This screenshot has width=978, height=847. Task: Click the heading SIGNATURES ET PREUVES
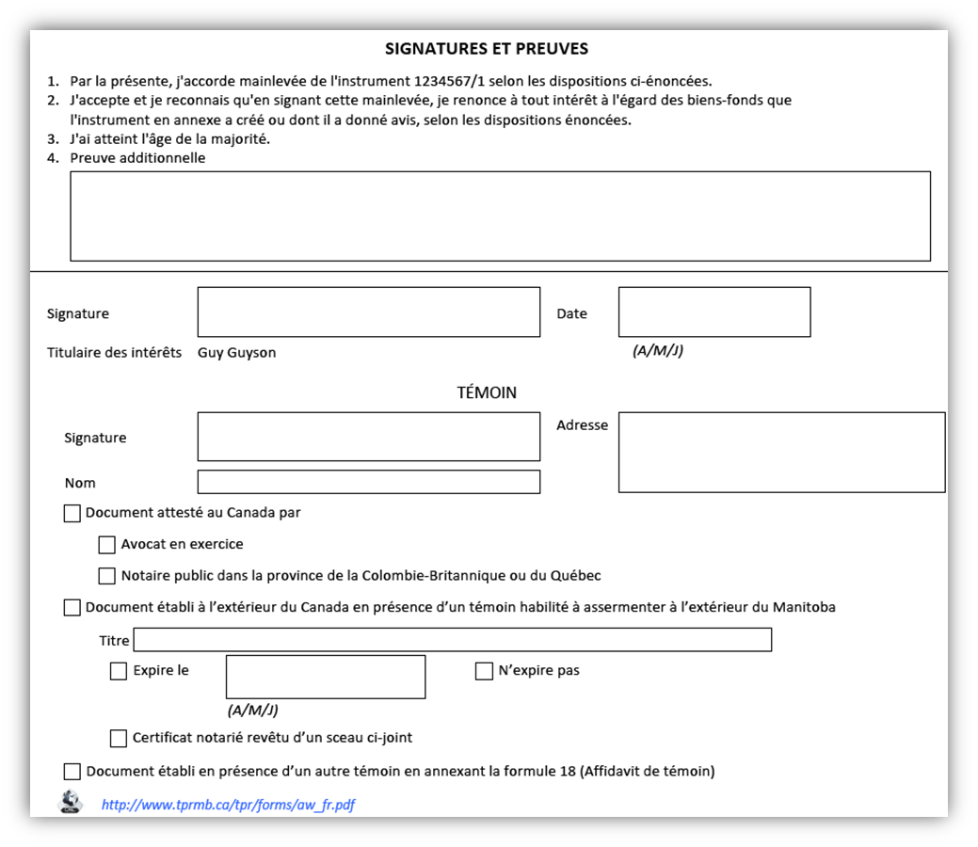coord(487,49)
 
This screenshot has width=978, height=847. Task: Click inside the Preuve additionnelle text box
coord(500,216)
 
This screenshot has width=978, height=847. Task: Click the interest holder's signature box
coord(368,312)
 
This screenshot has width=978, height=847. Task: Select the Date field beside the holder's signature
coord(713,312)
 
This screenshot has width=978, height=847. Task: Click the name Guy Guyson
coord(236,353)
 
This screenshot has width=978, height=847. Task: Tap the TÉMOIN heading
coord(487,392)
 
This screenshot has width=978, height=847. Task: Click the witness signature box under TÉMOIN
coord(368,437)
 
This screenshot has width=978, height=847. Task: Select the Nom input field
coord(368,482)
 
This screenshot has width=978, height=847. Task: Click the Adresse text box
coord(781,452)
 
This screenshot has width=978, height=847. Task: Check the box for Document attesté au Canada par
coord(72,514)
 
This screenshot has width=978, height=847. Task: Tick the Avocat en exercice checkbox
coord(107,545)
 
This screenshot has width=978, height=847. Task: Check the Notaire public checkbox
coord(107,576)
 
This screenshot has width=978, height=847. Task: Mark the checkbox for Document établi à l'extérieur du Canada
coord(72,608)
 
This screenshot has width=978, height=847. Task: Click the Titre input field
coord(452,640)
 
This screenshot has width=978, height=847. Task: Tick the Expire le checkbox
coord(119,671)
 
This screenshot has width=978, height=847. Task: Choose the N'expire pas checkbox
coord(484,671)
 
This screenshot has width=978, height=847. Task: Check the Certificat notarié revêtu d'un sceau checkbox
coord(119,739)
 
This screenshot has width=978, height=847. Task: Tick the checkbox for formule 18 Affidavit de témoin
coord(72,772)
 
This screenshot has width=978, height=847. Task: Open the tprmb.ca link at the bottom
coord(228,805)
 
